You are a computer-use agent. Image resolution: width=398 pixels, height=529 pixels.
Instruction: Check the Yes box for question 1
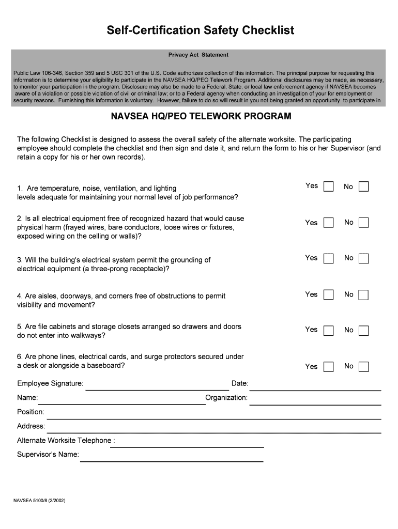(x=328, y=186)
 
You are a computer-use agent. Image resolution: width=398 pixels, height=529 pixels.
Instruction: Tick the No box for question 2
(x=363, y=223)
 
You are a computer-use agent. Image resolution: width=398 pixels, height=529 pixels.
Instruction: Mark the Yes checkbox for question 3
(x=328, y=258)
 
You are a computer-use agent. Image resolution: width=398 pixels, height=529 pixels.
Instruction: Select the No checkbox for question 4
(x=363, y=295)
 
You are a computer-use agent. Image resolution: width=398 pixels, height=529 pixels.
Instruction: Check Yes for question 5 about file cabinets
(x=328, y=330)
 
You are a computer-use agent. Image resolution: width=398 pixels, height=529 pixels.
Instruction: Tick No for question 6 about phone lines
(x=363, y=367)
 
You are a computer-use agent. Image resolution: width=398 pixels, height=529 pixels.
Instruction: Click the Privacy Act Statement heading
(x=198, y=55)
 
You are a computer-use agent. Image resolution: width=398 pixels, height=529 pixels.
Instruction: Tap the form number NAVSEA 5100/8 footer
(x=39, y=501)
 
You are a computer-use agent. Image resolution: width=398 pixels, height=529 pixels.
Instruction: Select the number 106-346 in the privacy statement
(x=53, y=73)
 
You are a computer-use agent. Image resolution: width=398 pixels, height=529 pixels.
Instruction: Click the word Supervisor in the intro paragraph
(x=346, y=148)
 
